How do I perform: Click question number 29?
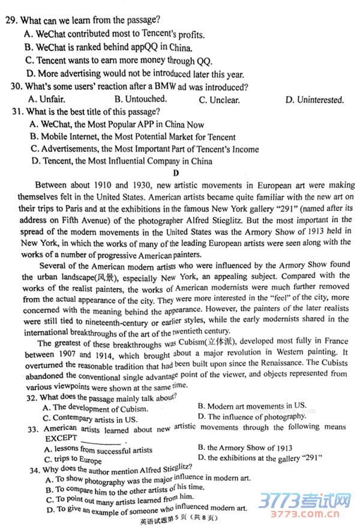[x=10, y=20]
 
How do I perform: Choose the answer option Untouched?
[x=140, y=99]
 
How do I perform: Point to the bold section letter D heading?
[x=176, y=174]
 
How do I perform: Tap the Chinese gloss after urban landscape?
[x=108, y=277]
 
